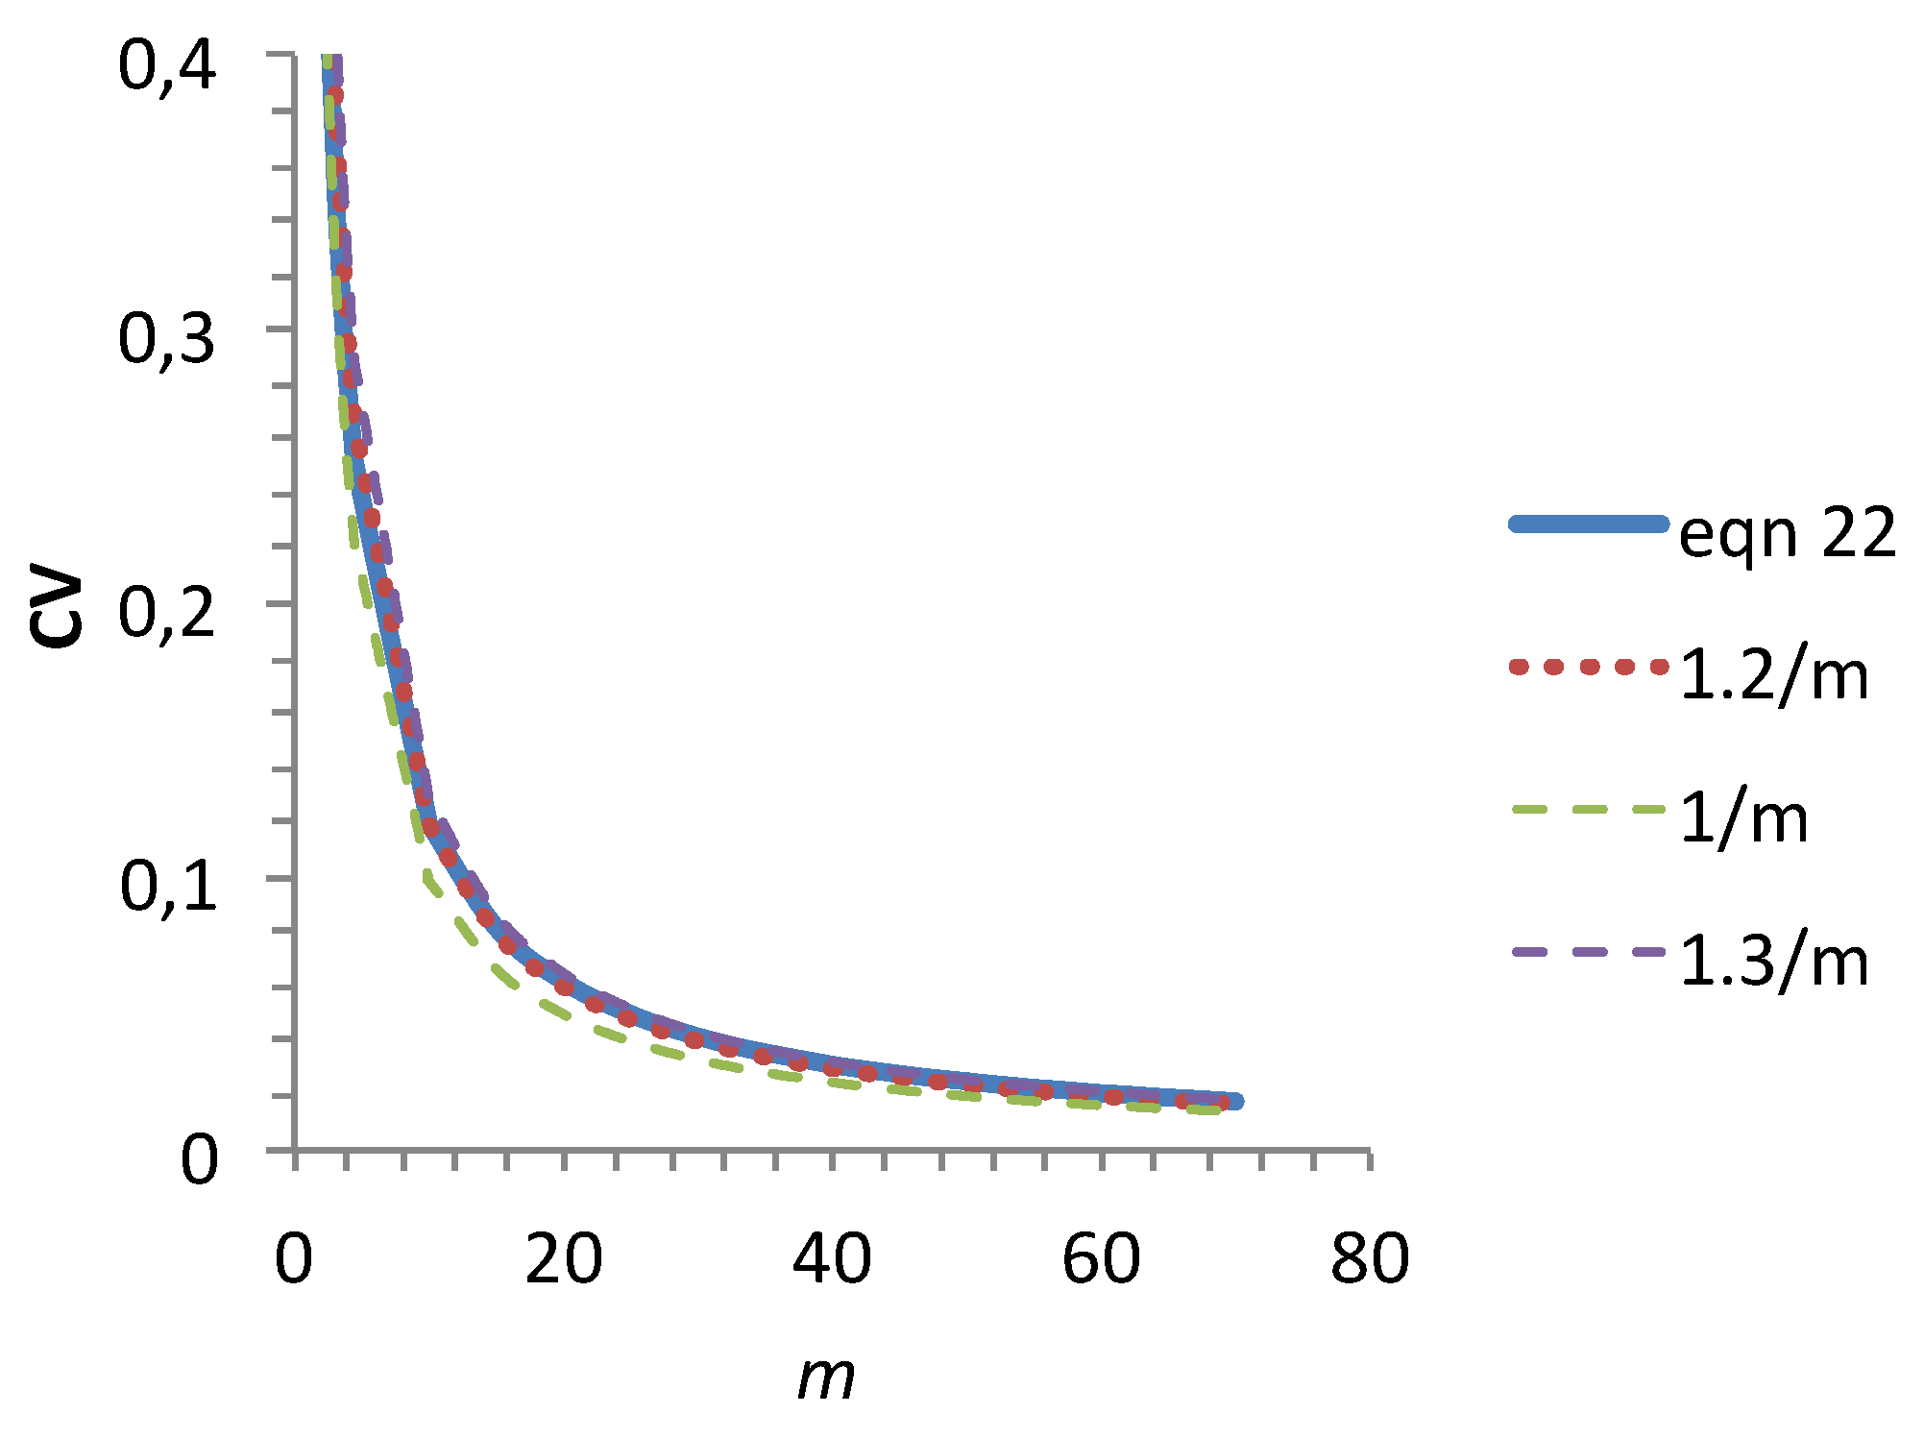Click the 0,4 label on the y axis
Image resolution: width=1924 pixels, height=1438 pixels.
point(166,68)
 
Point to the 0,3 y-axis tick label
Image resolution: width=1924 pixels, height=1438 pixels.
point(166,341)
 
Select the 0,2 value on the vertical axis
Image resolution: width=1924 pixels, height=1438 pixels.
point(166,615)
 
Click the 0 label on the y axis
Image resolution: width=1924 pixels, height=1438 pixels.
point(200,1160)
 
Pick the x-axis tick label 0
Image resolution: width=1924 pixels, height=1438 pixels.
point(294,1259)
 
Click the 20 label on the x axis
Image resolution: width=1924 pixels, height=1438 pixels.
point(564,1259)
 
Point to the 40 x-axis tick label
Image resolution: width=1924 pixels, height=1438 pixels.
point(832,1259)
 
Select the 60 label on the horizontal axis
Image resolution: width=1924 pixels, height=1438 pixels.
point(1101,1259)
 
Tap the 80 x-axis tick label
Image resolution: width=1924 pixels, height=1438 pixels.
point(1370,1259)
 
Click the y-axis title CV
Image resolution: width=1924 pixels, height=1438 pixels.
point(56,610)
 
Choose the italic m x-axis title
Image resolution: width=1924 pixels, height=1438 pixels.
point(826,1377)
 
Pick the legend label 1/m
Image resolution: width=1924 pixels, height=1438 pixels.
point(1743,818)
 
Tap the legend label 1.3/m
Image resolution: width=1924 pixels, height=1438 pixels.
point(1774,961)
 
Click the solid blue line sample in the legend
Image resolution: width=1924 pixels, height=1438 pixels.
point(1589,524)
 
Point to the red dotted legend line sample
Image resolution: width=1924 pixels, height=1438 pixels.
point(1589,667)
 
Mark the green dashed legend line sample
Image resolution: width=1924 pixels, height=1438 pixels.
point(1589,810)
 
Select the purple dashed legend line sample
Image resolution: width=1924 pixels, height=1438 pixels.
point(1589,952)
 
